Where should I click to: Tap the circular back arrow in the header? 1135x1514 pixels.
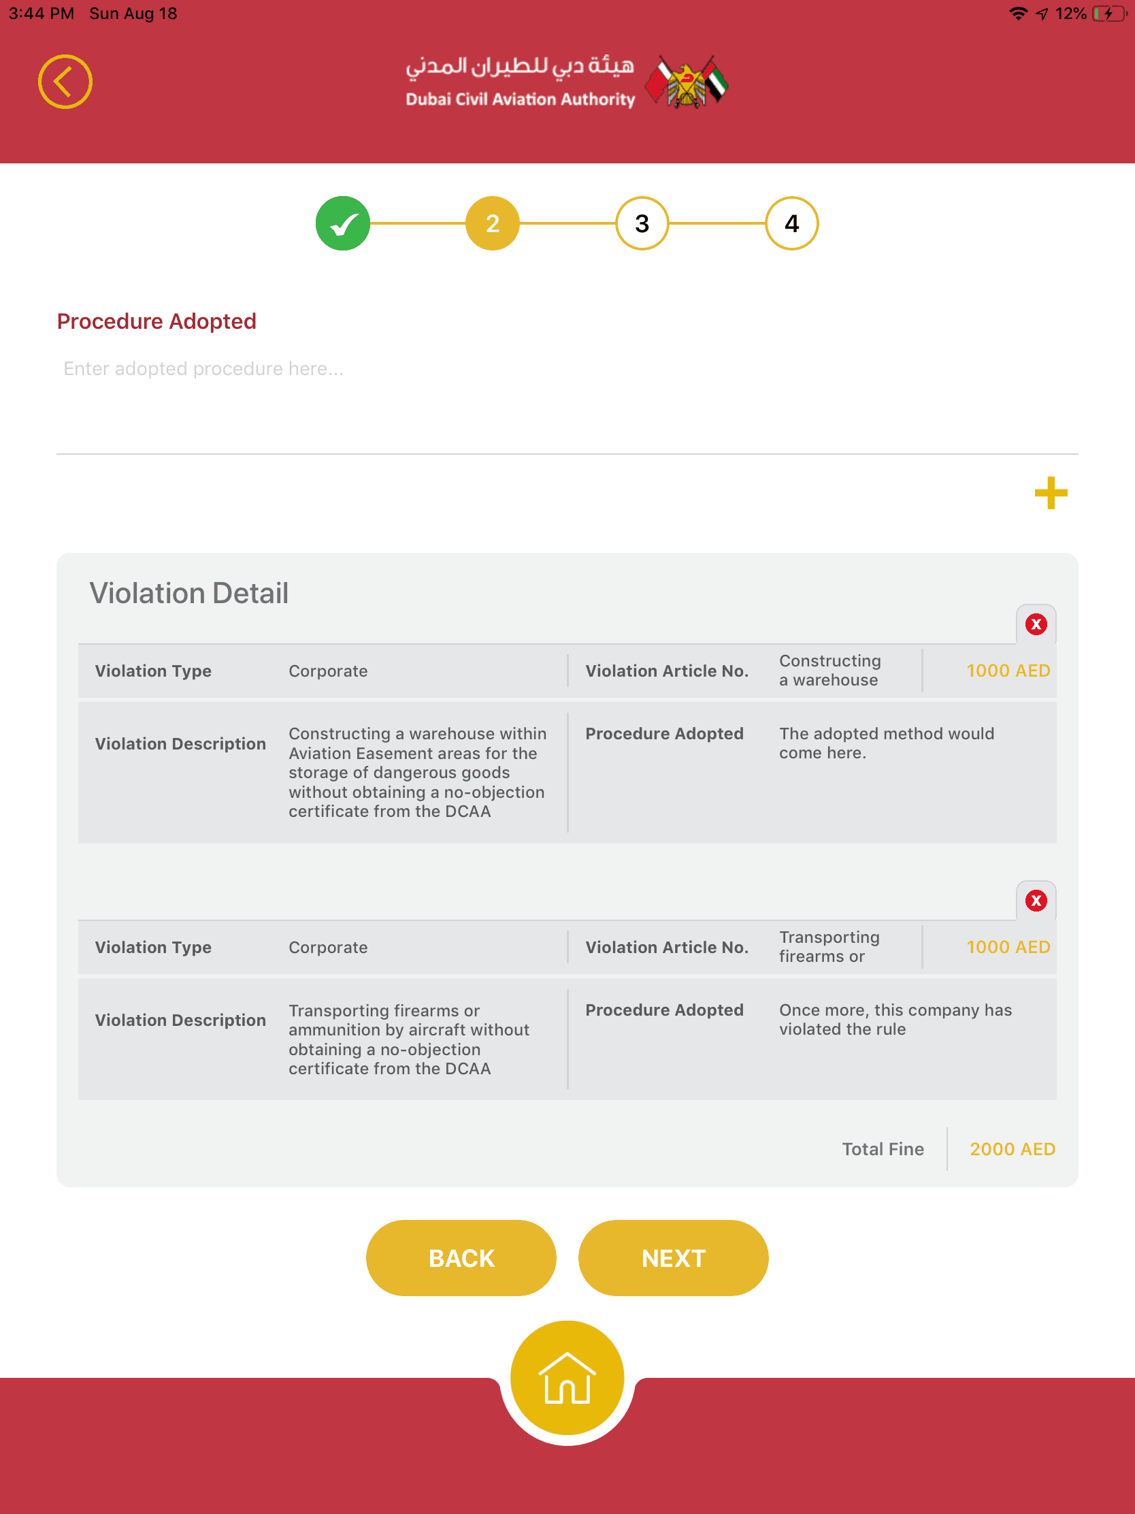[65, 82]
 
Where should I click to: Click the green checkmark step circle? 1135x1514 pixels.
[343, 223]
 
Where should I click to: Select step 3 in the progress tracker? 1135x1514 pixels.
[642, 223]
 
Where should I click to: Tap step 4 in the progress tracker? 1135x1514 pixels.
[791, 223]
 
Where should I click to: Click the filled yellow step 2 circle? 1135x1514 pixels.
[493, 223]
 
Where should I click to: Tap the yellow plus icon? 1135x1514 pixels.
[1051, 493]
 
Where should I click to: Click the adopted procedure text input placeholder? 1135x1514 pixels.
[204, 369]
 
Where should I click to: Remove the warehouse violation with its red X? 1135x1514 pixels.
[1036, 624]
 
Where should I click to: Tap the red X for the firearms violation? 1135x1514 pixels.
[1036, 901]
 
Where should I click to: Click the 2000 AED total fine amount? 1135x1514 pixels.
[1012, 1149]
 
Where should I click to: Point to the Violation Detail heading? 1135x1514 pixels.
[188, 593]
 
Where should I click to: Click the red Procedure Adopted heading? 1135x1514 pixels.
[157, 321]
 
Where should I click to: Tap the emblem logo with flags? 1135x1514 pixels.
[687, 83]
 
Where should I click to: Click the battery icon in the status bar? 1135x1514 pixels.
[1108, 14]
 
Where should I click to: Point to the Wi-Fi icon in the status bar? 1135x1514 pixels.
[1018, 14]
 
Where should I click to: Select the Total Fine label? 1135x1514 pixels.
[883, 1149]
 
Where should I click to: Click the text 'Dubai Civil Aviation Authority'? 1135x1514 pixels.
[520, 99]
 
